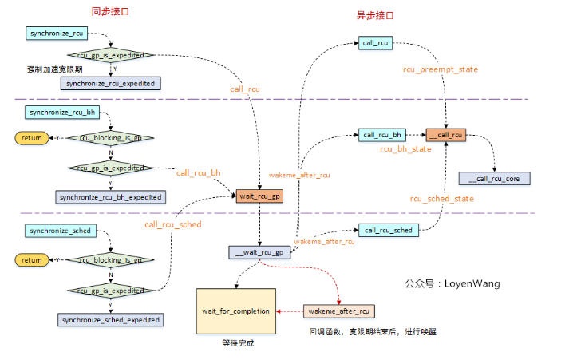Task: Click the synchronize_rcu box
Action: pyautogui.click(x=57, y=34)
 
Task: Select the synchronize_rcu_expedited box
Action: pyautogui.click(x=111, y=82)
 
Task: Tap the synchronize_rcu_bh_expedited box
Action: pyautogui.click(x=111, y=196)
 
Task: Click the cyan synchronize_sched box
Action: pyautogui.click(x=61, y=231)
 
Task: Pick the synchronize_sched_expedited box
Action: pyautogui.click(x=111, y=319)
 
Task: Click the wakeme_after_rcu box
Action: pyautogui.click(x=340, y=311)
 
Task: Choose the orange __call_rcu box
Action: pyautogui.click(x=445, y=135)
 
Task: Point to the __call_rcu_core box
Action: pyautogui.click(x=494, y=179)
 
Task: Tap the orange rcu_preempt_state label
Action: pyautogui.click(x=440, y=69)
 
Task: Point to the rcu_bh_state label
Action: pyautogui.click(x=407, y=149)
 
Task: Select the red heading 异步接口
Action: pyautogui.click(x=374, y=15)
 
